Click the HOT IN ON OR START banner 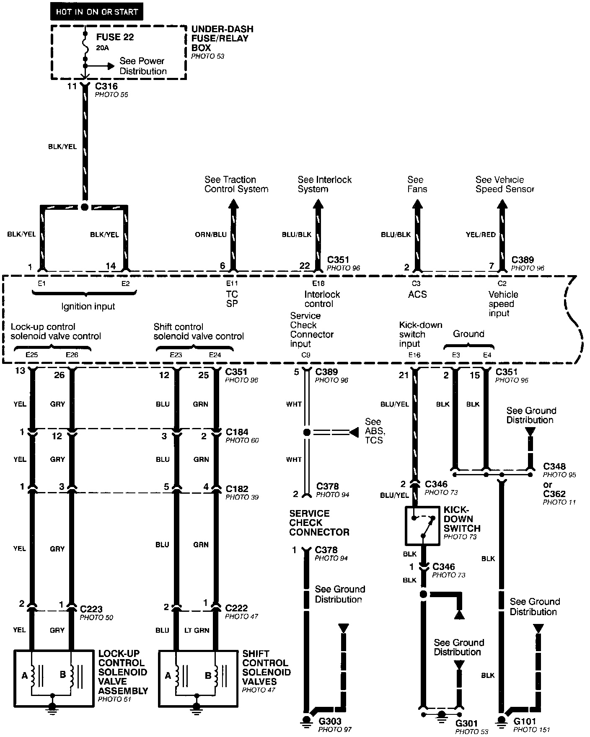pyautogui.click(x=97, y=12)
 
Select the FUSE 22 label pyautogui.click(x=115, y=37)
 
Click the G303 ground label pyautogui.click(x=330, y=722)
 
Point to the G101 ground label pyautogui.click(x=525, y=722)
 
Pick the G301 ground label pyautogui.click(x=466, y=723)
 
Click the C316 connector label pyautogui.click(x=106, y=86)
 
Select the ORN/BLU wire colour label pyautogui.click(x=211, y=234)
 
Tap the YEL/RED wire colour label pyautogui.click(x=481, y=234)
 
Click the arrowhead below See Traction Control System pyautogui.click(x=233, y=204)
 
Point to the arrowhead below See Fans pyautogui.click(x=417, y=204)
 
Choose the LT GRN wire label pyautogui.click(x=197, y=630)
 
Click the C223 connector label pyautogui.click(x=91, y=609)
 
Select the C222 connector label pyautogui.click(x=236, y=608)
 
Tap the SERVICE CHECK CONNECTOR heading pyautogui.click(x=319, y=523)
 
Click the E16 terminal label pyautogui.click(x=414, y=355)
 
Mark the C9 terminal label pyautogui.click(x=306, y=355)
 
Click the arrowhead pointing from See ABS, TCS pyautogui.click(x=354, y=432)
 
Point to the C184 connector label pyautogui.click(x=237, y=432)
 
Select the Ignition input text pyautogui.click(x=88, y=307)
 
